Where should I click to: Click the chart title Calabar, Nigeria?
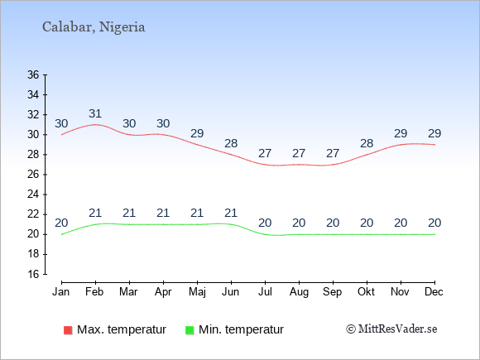[x=94, y=27]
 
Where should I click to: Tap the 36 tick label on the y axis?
[x=33, y=74]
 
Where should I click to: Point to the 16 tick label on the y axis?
[x=33, y=274]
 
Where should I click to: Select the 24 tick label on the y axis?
[x=33, y=194]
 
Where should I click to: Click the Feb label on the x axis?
[x=94, y=292]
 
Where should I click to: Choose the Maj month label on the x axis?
[x=197, y=292]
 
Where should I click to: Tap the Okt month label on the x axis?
[x=367, y=292]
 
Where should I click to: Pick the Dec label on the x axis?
[x=434, y=292]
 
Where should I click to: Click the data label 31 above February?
[x=95, y=113]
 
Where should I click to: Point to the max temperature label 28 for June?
[x=231, y=143]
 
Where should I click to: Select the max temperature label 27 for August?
[x=299, y=153]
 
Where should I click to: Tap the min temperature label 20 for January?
[x=61, y=223]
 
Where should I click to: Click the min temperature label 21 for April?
[x=163, y=213]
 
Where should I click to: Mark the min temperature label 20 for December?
[x=434, y=223]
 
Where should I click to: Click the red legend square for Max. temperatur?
[x=68, y=330]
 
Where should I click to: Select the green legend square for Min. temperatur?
[x=190, y=330]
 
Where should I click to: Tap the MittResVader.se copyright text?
[x=391, y=329]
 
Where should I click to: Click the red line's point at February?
[x=95, y=125]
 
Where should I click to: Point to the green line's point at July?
[x=265, y=234]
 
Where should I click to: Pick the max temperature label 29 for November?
[x=401, y=133]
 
